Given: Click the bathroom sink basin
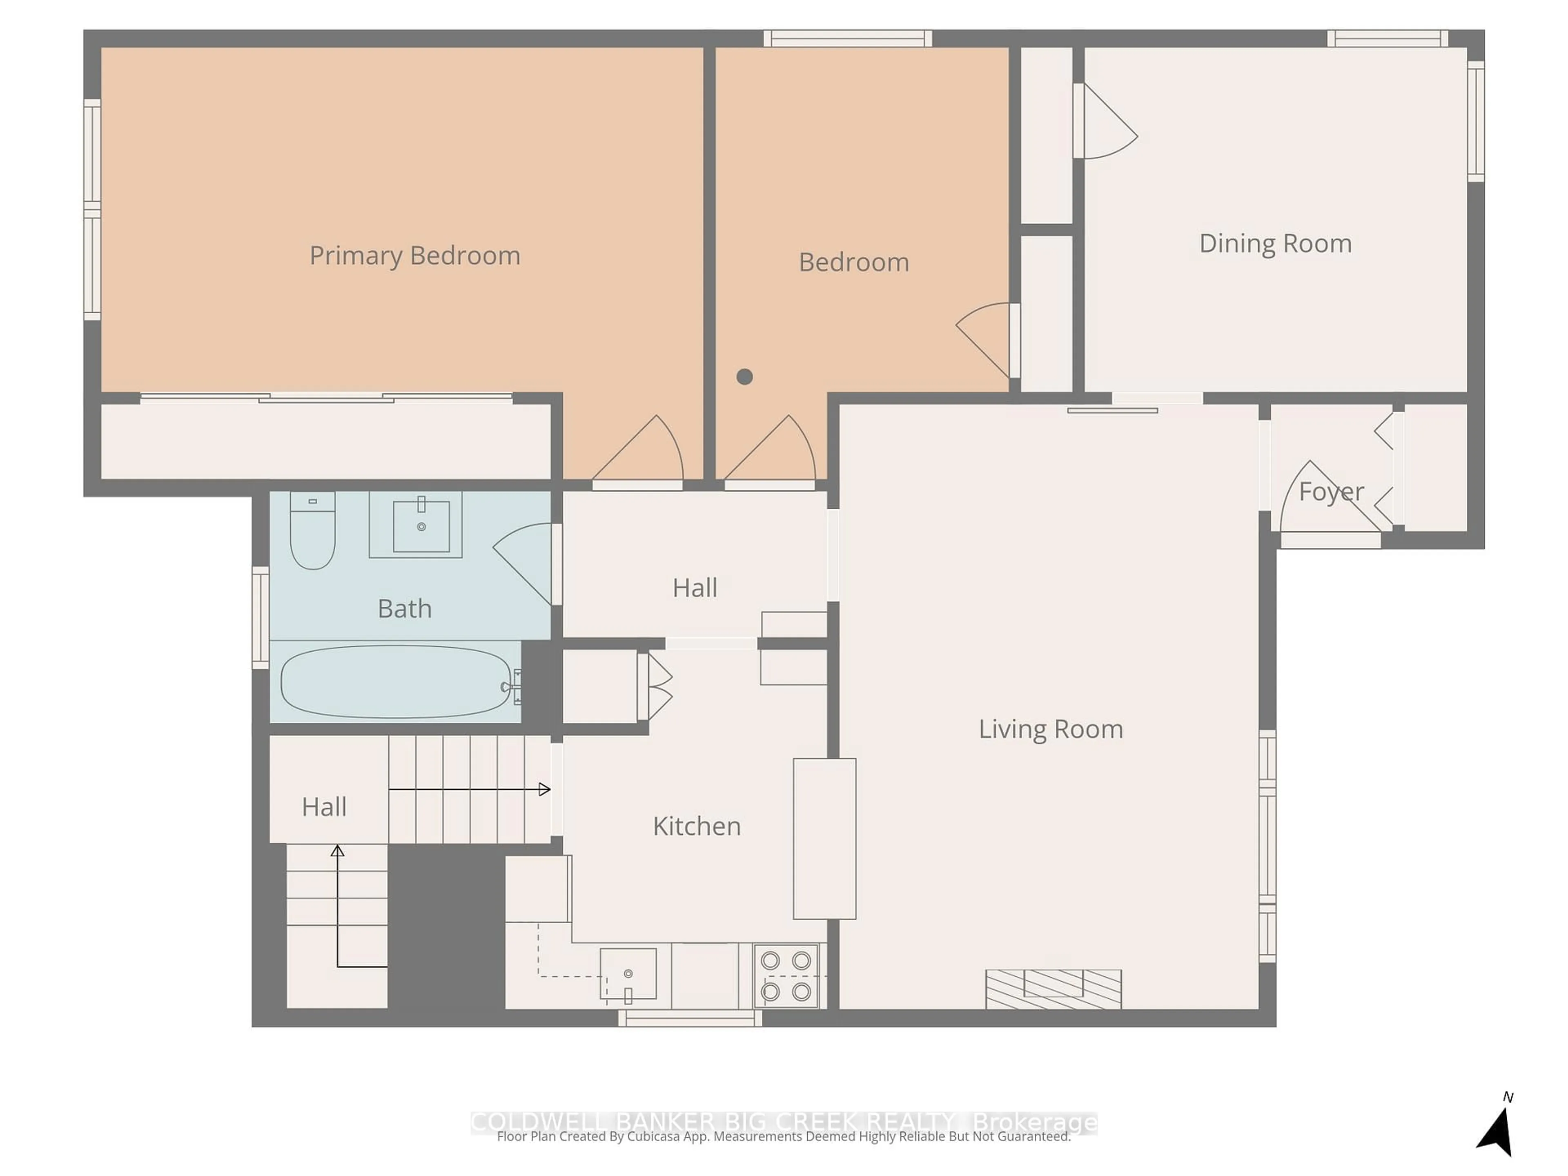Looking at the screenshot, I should click(x=421, y=526).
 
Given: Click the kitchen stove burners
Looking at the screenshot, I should click(x=785, y=976).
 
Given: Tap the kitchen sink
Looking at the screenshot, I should click(x=628, y=974).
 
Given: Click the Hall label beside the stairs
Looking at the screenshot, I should click(x=324, y=807).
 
